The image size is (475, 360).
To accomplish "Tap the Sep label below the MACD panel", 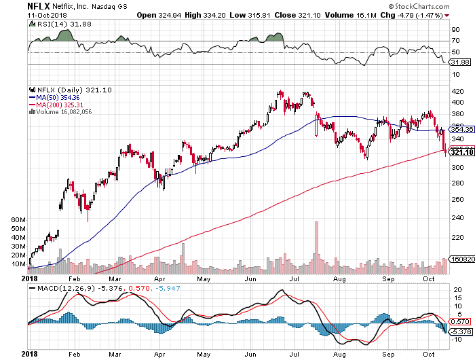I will coord(388,353).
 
